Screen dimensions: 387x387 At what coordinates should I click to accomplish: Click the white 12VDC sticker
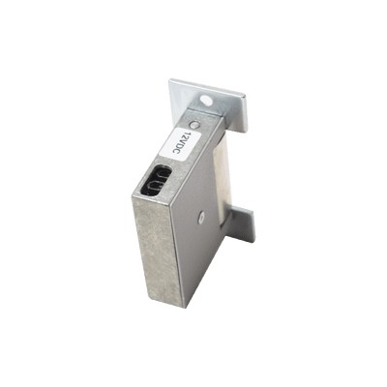[x=183, y=144]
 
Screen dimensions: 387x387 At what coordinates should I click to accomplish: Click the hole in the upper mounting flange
[x=206, y=101]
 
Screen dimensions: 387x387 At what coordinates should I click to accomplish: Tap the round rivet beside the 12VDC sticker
[x=195, y=123]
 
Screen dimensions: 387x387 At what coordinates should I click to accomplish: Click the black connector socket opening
[x=156, y=180]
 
